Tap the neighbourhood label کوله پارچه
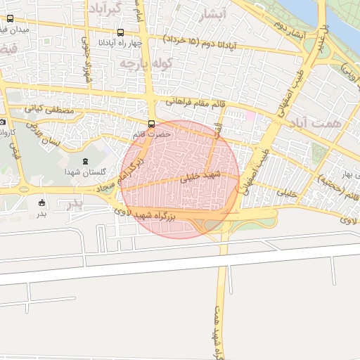(147, 64)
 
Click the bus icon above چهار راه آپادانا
(121, 32)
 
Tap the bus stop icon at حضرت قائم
(152, 123)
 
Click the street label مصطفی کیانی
(46, 110)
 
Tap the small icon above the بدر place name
(42, 202)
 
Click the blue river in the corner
(337, 18)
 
